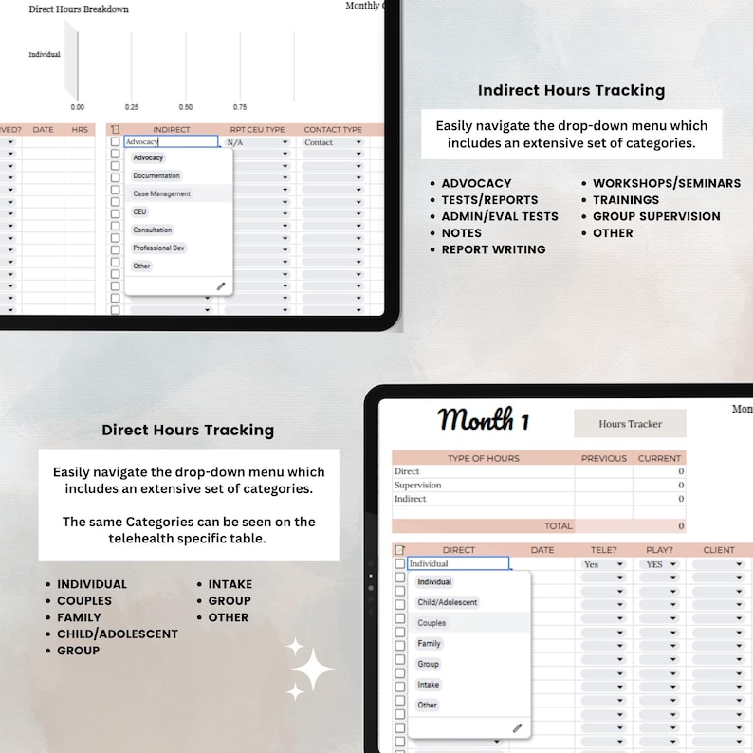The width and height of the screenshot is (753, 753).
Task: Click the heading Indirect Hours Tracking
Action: click(x=571, y=91)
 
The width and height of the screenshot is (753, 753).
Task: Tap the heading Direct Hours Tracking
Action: click(x=188, y=430)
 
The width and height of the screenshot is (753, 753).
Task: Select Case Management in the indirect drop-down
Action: click(x=162, y=193)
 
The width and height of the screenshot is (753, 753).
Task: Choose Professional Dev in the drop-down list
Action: click(x=158, y=248)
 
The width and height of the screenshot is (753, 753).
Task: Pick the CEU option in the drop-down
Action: click(x=140, y=211)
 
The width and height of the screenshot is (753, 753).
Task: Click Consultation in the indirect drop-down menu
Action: click(x=153, y=230)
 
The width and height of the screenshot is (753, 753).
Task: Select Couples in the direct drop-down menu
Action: click(x=432, y=623)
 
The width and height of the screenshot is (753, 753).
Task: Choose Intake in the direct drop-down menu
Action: click(x=429, y=685)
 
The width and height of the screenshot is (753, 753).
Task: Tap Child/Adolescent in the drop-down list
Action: click(x=448, y=602)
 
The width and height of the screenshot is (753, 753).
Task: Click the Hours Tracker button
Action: click(x=630, y=424)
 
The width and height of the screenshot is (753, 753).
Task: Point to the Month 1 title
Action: click(x=484, y=419)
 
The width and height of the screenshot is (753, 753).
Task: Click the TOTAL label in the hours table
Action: click(x=558, y=525)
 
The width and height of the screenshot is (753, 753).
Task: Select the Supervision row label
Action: click(x=418, y=486)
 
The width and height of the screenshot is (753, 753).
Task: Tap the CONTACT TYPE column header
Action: click(x=333, y=130)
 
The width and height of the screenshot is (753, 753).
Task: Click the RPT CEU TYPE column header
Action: click(x=257, y=130)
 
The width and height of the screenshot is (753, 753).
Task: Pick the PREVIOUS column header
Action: click(x=604, y=458)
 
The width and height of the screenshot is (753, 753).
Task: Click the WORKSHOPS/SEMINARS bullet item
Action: click(x=667, y=183)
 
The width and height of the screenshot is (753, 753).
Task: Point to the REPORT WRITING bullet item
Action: click(x=493, y=249)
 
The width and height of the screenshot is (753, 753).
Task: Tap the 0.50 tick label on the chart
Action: click(x=186, y=107)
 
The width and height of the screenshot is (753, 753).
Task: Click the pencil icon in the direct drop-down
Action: click(x=517, y=727)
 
